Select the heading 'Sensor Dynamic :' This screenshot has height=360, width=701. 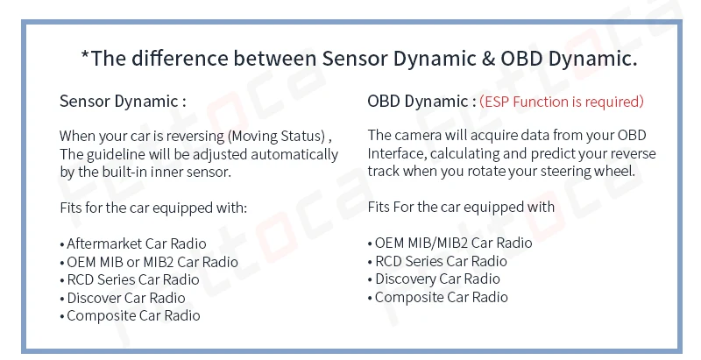(x=123, y=101)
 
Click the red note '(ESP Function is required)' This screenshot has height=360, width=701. (x=562, y=102)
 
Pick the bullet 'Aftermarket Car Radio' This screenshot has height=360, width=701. (x=133, y=244)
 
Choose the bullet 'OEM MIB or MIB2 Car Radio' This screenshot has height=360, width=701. (x=149, y=262)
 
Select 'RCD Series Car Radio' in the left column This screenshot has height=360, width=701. (x=130, y=280)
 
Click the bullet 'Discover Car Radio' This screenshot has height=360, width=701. (x=123, y=298)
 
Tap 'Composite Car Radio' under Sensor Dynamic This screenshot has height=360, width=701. (x=130, y=315)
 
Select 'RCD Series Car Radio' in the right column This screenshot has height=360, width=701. (x=437, y=261)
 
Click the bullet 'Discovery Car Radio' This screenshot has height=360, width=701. (x=434, y=279)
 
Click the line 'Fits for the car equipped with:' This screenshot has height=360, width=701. (x=153, y=208)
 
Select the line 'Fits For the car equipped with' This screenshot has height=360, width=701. (x=461, y=207)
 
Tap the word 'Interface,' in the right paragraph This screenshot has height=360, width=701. (x=397, y=153)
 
